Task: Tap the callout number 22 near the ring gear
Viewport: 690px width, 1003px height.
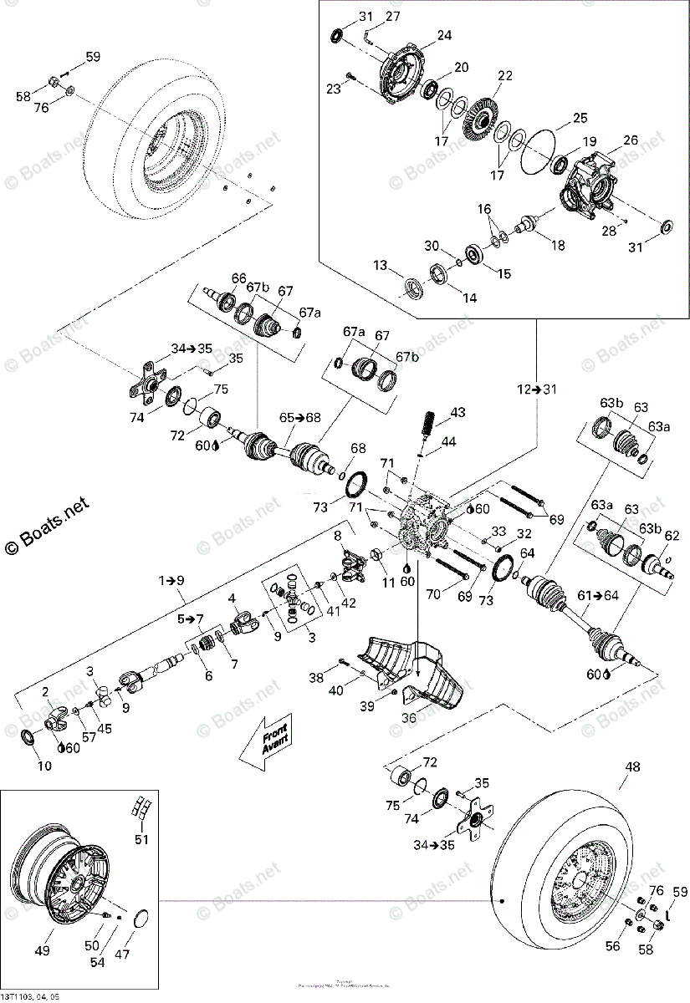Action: click(x=503, y=75)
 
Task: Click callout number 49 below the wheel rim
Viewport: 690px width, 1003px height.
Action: click(x=41, y=950)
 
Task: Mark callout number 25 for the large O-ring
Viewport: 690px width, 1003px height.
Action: click(x=580, y=118)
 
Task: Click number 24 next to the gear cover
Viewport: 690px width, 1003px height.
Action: click(x=443, y=36)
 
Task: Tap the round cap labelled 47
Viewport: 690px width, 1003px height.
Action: click(x=142, y=920)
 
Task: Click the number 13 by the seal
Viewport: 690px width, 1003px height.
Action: click(x=381, y=265)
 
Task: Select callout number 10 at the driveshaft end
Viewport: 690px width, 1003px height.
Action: click(x=44, y=765)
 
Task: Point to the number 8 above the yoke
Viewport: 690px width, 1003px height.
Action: click(x=338, y=535)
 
